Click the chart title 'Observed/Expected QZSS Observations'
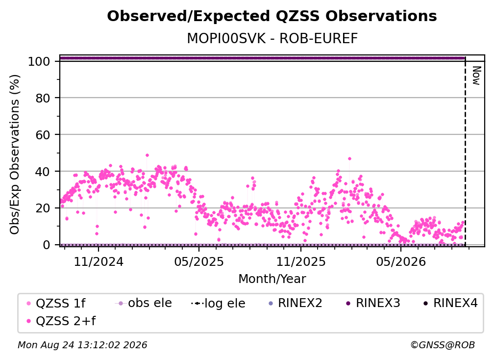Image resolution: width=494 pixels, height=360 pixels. point(272,16)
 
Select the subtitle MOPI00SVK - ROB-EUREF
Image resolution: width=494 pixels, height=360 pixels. point(272,39)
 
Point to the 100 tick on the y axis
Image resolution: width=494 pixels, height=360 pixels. point(39,61)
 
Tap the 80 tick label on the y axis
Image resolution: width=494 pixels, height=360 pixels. point(43,98)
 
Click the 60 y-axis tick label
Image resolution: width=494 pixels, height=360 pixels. point(43,135)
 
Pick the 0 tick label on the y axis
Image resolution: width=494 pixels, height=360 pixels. point(47,245)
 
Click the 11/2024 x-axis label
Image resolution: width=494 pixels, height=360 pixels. point(99,261)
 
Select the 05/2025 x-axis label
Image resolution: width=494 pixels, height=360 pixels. point(199,261)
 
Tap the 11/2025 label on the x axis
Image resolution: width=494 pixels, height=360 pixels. point(301,261)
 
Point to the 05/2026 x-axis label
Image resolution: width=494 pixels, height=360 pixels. point(401,261)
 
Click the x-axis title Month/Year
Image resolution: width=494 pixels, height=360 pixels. point(272,279)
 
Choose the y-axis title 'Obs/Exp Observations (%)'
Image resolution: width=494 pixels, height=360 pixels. point(15,154)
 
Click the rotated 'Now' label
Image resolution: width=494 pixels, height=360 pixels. point(476,76)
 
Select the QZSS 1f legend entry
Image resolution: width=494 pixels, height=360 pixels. point(56,303)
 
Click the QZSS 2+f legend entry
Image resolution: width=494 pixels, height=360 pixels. point(61,321)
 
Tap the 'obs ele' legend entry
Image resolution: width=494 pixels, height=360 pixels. point(144,303)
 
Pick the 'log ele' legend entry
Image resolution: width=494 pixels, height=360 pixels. point(218,303)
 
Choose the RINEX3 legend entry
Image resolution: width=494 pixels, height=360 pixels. point(373,303)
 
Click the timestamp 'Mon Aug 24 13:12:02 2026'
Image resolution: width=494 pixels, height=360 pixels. point(82,345)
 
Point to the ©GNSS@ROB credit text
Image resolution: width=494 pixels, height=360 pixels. point(443,345)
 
